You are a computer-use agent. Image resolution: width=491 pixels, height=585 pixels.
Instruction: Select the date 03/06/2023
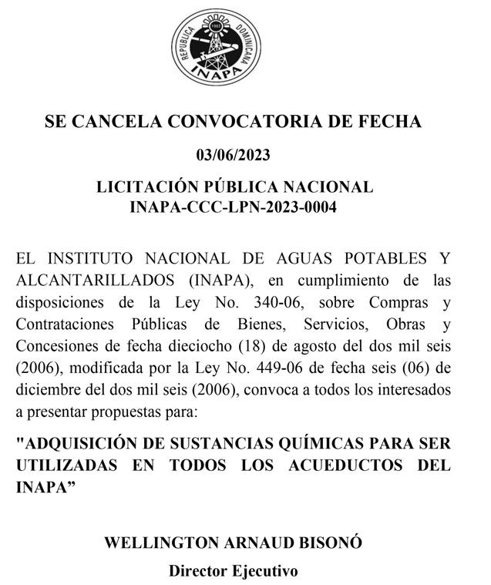click(x=234, y=156)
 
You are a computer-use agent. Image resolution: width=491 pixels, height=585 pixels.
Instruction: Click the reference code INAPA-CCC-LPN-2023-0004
click(x=234, y=207)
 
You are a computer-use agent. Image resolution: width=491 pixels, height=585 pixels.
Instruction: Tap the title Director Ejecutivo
click(x=234, y=571)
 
